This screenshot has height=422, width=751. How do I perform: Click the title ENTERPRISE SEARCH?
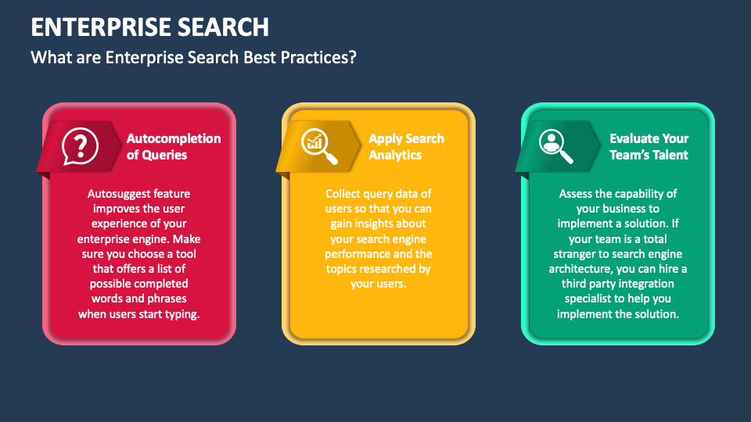(x=150, y=27)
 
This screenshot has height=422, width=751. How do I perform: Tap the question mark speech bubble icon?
(x=81, y=146)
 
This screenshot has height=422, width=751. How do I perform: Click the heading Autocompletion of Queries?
(x=174, y=146)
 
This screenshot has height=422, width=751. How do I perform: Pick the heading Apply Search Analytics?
(x=406, y=146)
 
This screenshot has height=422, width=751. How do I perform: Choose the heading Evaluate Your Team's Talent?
(x=649, y=146)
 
